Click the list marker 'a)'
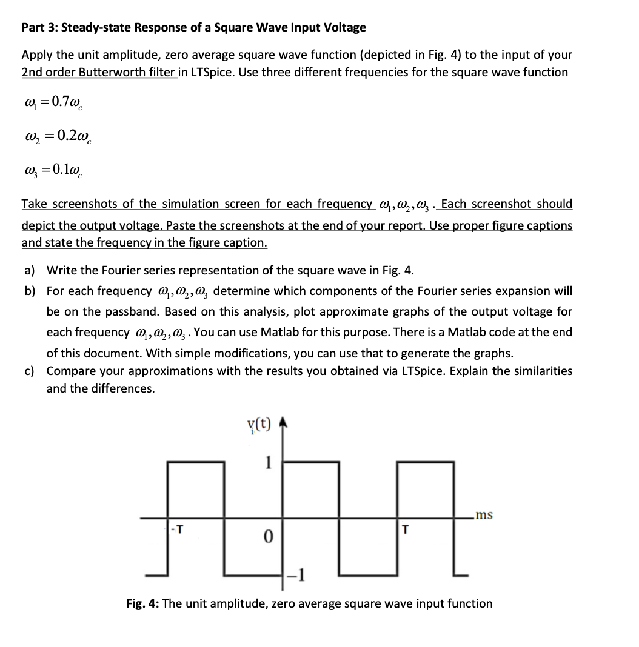[x=30, y=270]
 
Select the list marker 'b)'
[x=30, y=291]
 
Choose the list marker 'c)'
[x=30, y=371]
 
